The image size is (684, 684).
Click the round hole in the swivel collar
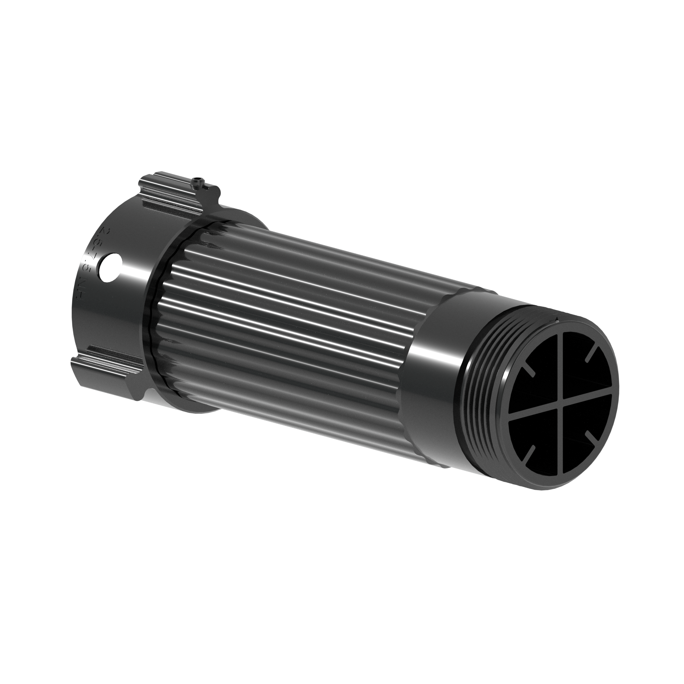tap(111, 267)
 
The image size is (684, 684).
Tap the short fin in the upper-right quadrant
tap(592, 354)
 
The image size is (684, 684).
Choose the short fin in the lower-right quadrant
tap(592, 436)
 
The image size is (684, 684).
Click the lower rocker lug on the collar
tap(106, 373)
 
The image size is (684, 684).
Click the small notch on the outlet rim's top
tap(557, 321)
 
